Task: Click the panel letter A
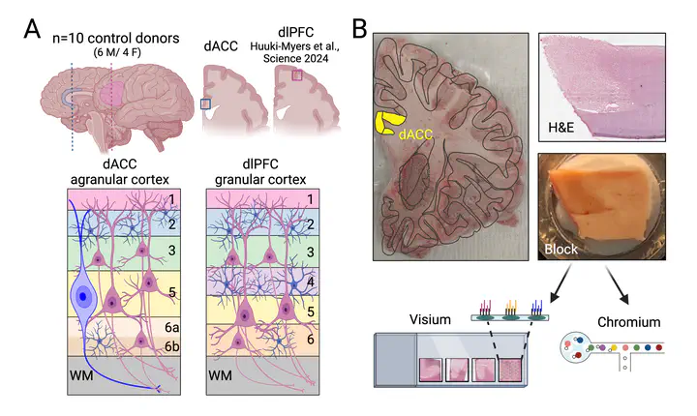[32, 29]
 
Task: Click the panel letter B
[359, 29]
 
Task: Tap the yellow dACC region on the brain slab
[389, 123]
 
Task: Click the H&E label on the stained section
[561, 128]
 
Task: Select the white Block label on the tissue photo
[561, 249]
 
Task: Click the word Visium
[430, 319]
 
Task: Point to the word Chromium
[628, 322]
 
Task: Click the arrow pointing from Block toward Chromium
[617, 284]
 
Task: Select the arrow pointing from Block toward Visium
[561, 283]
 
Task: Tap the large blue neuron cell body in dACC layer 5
[82, 296]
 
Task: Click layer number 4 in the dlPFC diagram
[311, 282]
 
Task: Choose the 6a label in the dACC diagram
[172, 328]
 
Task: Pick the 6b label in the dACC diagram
[172, 346]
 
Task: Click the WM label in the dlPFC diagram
[220, 376]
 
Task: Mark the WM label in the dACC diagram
[81, 376]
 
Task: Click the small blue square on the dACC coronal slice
[205, 104]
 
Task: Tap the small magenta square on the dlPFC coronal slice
[297, 75]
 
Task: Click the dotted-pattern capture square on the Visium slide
[511, 370]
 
